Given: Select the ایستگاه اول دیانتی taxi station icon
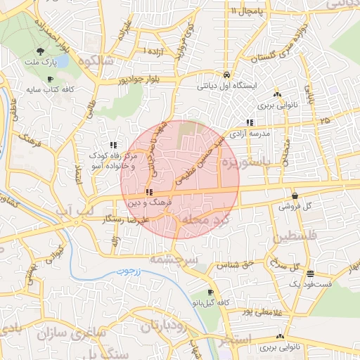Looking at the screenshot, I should [226, 74].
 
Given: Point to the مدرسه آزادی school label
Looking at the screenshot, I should [266, 133].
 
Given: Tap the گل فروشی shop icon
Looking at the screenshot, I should [294, 195].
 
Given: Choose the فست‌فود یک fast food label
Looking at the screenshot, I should [310, 283].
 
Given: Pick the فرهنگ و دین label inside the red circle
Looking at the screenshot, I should [145, 202].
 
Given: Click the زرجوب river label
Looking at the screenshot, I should [128, 270].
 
